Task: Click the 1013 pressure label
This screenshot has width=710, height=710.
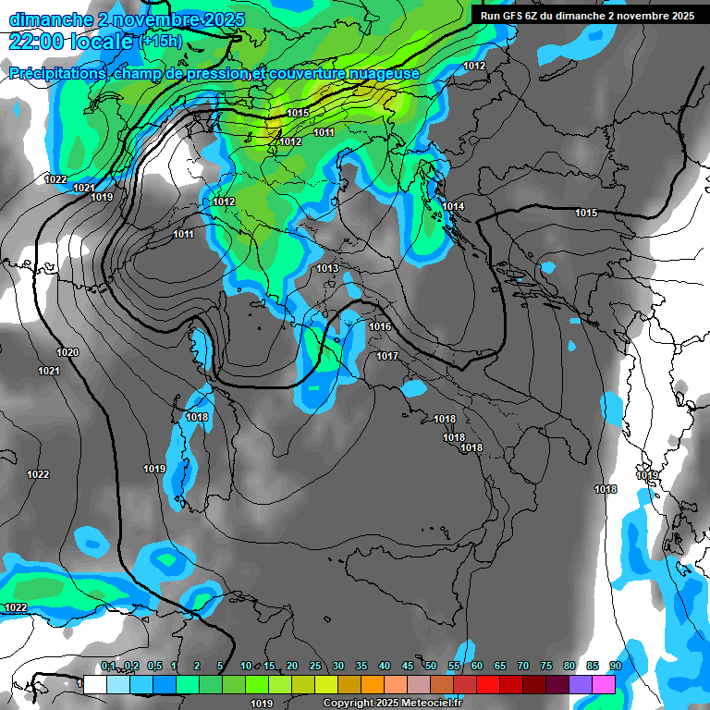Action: [327, 268]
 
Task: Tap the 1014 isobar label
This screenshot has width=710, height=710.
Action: [453, 206]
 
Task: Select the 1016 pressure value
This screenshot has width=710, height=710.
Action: [380, 327]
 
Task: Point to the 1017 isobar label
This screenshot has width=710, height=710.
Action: [387, 356]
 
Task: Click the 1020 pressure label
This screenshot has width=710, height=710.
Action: [67, 352]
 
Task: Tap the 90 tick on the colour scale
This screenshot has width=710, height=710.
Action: [615, 666]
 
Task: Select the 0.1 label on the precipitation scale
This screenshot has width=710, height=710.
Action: [108, 666]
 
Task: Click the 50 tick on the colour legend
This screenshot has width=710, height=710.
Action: [431, 666]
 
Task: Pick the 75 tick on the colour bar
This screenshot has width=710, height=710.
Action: [546, 666]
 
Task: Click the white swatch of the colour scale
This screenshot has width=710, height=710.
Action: [95, 684]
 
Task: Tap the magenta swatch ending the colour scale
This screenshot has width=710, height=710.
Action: [604, 684]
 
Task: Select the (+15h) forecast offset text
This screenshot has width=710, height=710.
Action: [162, 42]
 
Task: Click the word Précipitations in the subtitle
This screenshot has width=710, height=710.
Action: [55, 73]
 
